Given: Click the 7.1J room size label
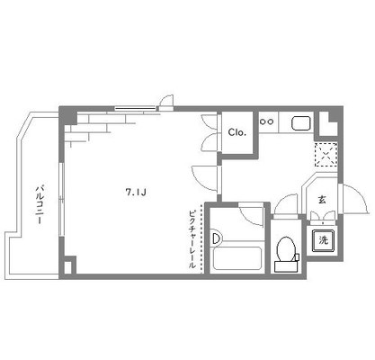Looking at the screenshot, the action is coord(136,192).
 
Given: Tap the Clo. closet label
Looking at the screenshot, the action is coord(237,132).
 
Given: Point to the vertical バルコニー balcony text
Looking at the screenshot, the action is coord(40,205).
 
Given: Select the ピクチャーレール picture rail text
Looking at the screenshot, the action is coord(192,239).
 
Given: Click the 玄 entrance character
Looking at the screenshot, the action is coord(322,200).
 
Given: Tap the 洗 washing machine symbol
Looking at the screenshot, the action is coord(323,240).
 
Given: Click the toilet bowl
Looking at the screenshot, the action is coord(287,248).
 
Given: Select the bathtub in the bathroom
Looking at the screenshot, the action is coord(237,258).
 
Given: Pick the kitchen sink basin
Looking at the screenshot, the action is coord(301,123).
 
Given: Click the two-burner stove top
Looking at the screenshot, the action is coord(266,121).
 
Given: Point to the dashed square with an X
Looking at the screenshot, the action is coord(326,155).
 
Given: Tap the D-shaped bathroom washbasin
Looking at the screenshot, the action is coord(217,238).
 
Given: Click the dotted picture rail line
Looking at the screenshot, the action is coord(201,239).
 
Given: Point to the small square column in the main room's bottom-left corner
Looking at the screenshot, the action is coord(67,267).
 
